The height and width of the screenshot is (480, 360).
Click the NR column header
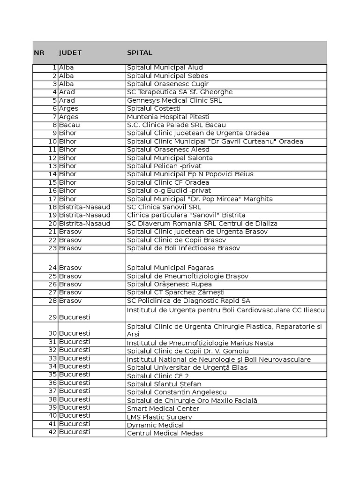tap(39, 53)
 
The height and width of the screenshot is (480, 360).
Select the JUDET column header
tap(70, 53)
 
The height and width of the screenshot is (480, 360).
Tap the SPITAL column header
tap(140, 53)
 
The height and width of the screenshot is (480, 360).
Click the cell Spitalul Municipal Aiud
tap(165, 68)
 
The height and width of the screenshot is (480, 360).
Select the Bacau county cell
tap(69, 125)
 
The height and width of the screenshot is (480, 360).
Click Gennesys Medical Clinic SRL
tap(174, 100)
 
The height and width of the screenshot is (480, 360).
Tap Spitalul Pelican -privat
tap(164, 166)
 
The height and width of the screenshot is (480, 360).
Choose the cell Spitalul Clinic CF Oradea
tap(168, 182)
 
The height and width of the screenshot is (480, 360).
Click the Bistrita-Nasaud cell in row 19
tap(85, 215)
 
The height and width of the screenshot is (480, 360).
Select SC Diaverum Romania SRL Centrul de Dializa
tap(202, 224)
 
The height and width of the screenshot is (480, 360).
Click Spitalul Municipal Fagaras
tap(170, 268)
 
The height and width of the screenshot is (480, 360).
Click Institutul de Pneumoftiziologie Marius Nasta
tap(200, 343)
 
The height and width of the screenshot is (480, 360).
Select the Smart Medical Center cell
tap(163, 409)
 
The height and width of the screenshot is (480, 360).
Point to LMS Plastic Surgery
tap(159, 417)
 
